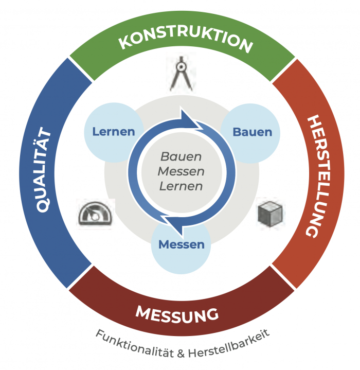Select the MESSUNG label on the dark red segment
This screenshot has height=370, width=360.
pos(177,313)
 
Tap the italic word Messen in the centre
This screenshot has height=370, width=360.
pos(181,171)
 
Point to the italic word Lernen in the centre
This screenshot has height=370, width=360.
pos(181,186)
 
